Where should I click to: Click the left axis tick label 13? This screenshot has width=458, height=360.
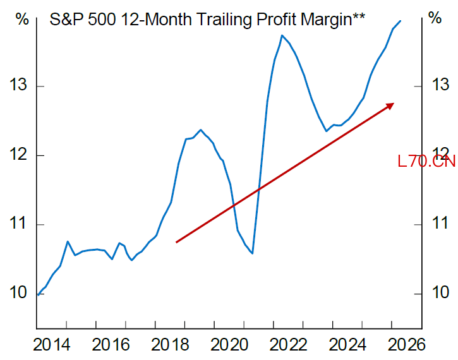pyautogui.click(x=18, y=85)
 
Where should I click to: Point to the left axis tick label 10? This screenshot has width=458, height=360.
pyautogui.click(x=18, y=292)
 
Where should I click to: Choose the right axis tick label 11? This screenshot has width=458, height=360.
pyautogui.click(x=440, y=223)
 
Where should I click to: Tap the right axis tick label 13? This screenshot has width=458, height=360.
pyautogui.click(x=440, y=85)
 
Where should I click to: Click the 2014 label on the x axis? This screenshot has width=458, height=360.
pyautogui.click(x=52, y=345)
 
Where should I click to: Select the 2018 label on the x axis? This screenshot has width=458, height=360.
pyautogui.click(x=170, y=345)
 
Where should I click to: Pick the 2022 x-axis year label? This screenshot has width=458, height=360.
pyautogui.click(x=288, y=345)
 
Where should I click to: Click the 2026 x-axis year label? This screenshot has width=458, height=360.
pyautogui.click(x=406, y=345)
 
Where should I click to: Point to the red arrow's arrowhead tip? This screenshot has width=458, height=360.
pyautogui.click(x=394, y=104)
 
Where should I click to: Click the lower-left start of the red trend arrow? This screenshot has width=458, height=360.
pyautogui.click(x=176, y=242)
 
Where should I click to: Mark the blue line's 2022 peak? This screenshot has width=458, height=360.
pyautogui.click(x=282, y=35)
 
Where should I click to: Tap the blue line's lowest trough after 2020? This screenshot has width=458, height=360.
pyautogui.click(x=252, y=253)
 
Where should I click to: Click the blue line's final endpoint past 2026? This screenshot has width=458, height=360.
pyautogui.click(x=400, y=21)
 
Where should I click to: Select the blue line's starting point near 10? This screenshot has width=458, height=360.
pyautogui.click(x=39, y=295)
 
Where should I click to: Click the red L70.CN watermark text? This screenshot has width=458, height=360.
pyautogui.click(x=426, y=161)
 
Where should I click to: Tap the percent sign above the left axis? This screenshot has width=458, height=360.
pyautogui.click(x=22, y=20)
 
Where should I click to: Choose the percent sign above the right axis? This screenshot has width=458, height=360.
pyautogui.click(x=435, y=18)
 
